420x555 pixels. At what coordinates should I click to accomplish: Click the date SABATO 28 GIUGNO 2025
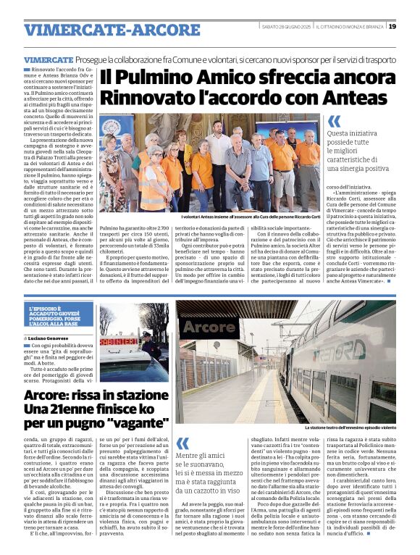(x=290, y=27)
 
